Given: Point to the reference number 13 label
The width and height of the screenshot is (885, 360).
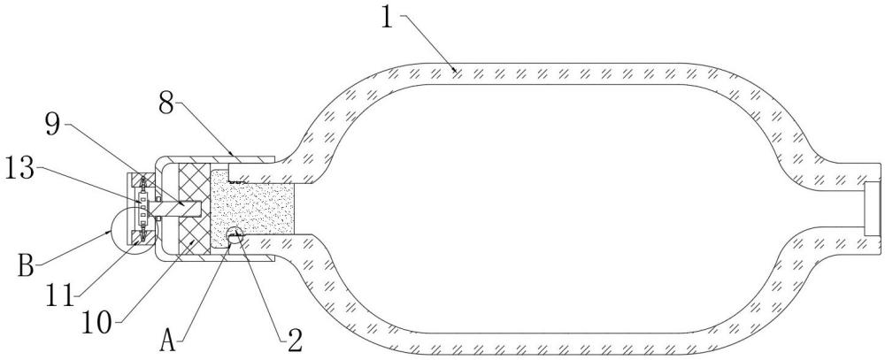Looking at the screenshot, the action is (x=20, y=170).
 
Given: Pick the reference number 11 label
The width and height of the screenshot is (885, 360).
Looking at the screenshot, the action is (x=60, y=295).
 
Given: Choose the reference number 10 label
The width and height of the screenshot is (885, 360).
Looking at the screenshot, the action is (x=98, y=323).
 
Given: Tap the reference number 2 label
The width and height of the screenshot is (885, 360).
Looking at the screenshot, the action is (x=294, y=341).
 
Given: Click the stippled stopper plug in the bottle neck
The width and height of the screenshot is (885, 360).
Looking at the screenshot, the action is (x=251, y=209).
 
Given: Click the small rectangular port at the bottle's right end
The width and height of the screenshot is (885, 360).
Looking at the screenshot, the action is (x=873, y=209).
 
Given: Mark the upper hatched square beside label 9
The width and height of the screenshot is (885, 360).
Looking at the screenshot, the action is (x=140, y=180).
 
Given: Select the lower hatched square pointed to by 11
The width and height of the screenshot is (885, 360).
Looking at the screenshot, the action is (x=140, y=237).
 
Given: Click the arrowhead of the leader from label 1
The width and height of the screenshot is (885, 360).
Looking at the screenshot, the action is (x=455, y=71).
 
